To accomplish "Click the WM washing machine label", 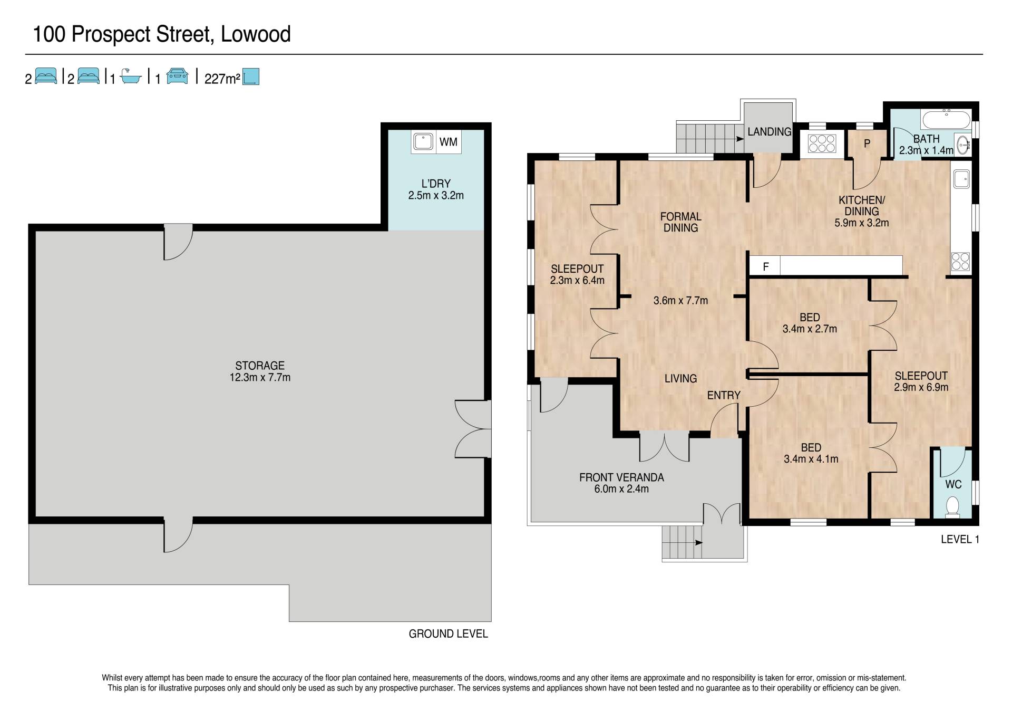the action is [449, 142].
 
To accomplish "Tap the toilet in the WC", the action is [952, 506].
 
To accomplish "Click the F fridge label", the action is [766, 267].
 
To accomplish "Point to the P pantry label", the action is [867, 143].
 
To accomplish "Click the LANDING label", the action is [770, 132].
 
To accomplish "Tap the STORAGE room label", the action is [260, 366].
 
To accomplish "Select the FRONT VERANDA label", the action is [621, 477].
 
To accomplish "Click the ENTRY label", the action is [724, 395].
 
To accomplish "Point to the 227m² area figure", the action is [222, 79].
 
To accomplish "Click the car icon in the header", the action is [178, 76].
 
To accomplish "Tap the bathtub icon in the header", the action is [131, 77].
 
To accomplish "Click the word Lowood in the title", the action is [256, 34].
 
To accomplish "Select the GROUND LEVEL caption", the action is [449, 634].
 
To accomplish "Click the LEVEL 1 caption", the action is [960, 539].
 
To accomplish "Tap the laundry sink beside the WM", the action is [423, 142].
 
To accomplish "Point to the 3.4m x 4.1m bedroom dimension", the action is [811, 459].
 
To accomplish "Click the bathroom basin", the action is [963, 143].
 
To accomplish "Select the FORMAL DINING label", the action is [681, 222].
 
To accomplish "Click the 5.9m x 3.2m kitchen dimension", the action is [862, 223].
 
